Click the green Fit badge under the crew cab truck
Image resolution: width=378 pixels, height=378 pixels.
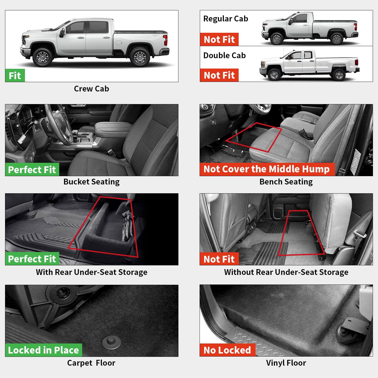tap(15, 75)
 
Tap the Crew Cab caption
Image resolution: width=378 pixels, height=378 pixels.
tap(91, 89)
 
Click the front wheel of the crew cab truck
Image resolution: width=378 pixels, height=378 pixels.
tap(43, 57)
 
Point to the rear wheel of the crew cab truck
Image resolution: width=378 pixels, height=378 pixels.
tap(140, 57)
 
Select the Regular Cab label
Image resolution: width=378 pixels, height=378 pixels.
tap(226, 19)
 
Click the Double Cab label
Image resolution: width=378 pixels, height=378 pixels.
tap(224, 55)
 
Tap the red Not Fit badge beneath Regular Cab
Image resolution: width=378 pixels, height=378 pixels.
tap(219, 40)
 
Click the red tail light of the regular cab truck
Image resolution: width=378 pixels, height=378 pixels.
tap(355, 26)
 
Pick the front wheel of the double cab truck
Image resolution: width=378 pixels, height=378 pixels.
tap(274, 75)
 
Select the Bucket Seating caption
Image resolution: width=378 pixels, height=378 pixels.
tap(91, 182)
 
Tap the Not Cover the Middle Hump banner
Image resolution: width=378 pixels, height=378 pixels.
tap(267, 169)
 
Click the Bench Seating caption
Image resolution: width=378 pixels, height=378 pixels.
tap(286, 182)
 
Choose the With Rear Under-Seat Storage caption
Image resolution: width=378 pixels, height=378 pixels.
tap(91, 272)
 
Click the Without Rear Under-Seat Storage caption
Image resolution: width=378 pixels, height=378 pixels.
tap(286, 272)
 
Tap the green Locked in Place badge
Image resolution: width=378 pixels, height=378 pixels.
tap(43, 350)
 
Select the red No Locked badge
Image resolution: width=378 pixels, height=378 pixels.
tap(227, 350)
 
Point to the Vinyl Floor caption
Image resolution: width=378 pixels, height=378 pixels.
tap(286, 363)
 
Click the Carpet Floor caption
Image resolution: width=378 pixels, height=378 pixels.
tap(91, 363)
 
